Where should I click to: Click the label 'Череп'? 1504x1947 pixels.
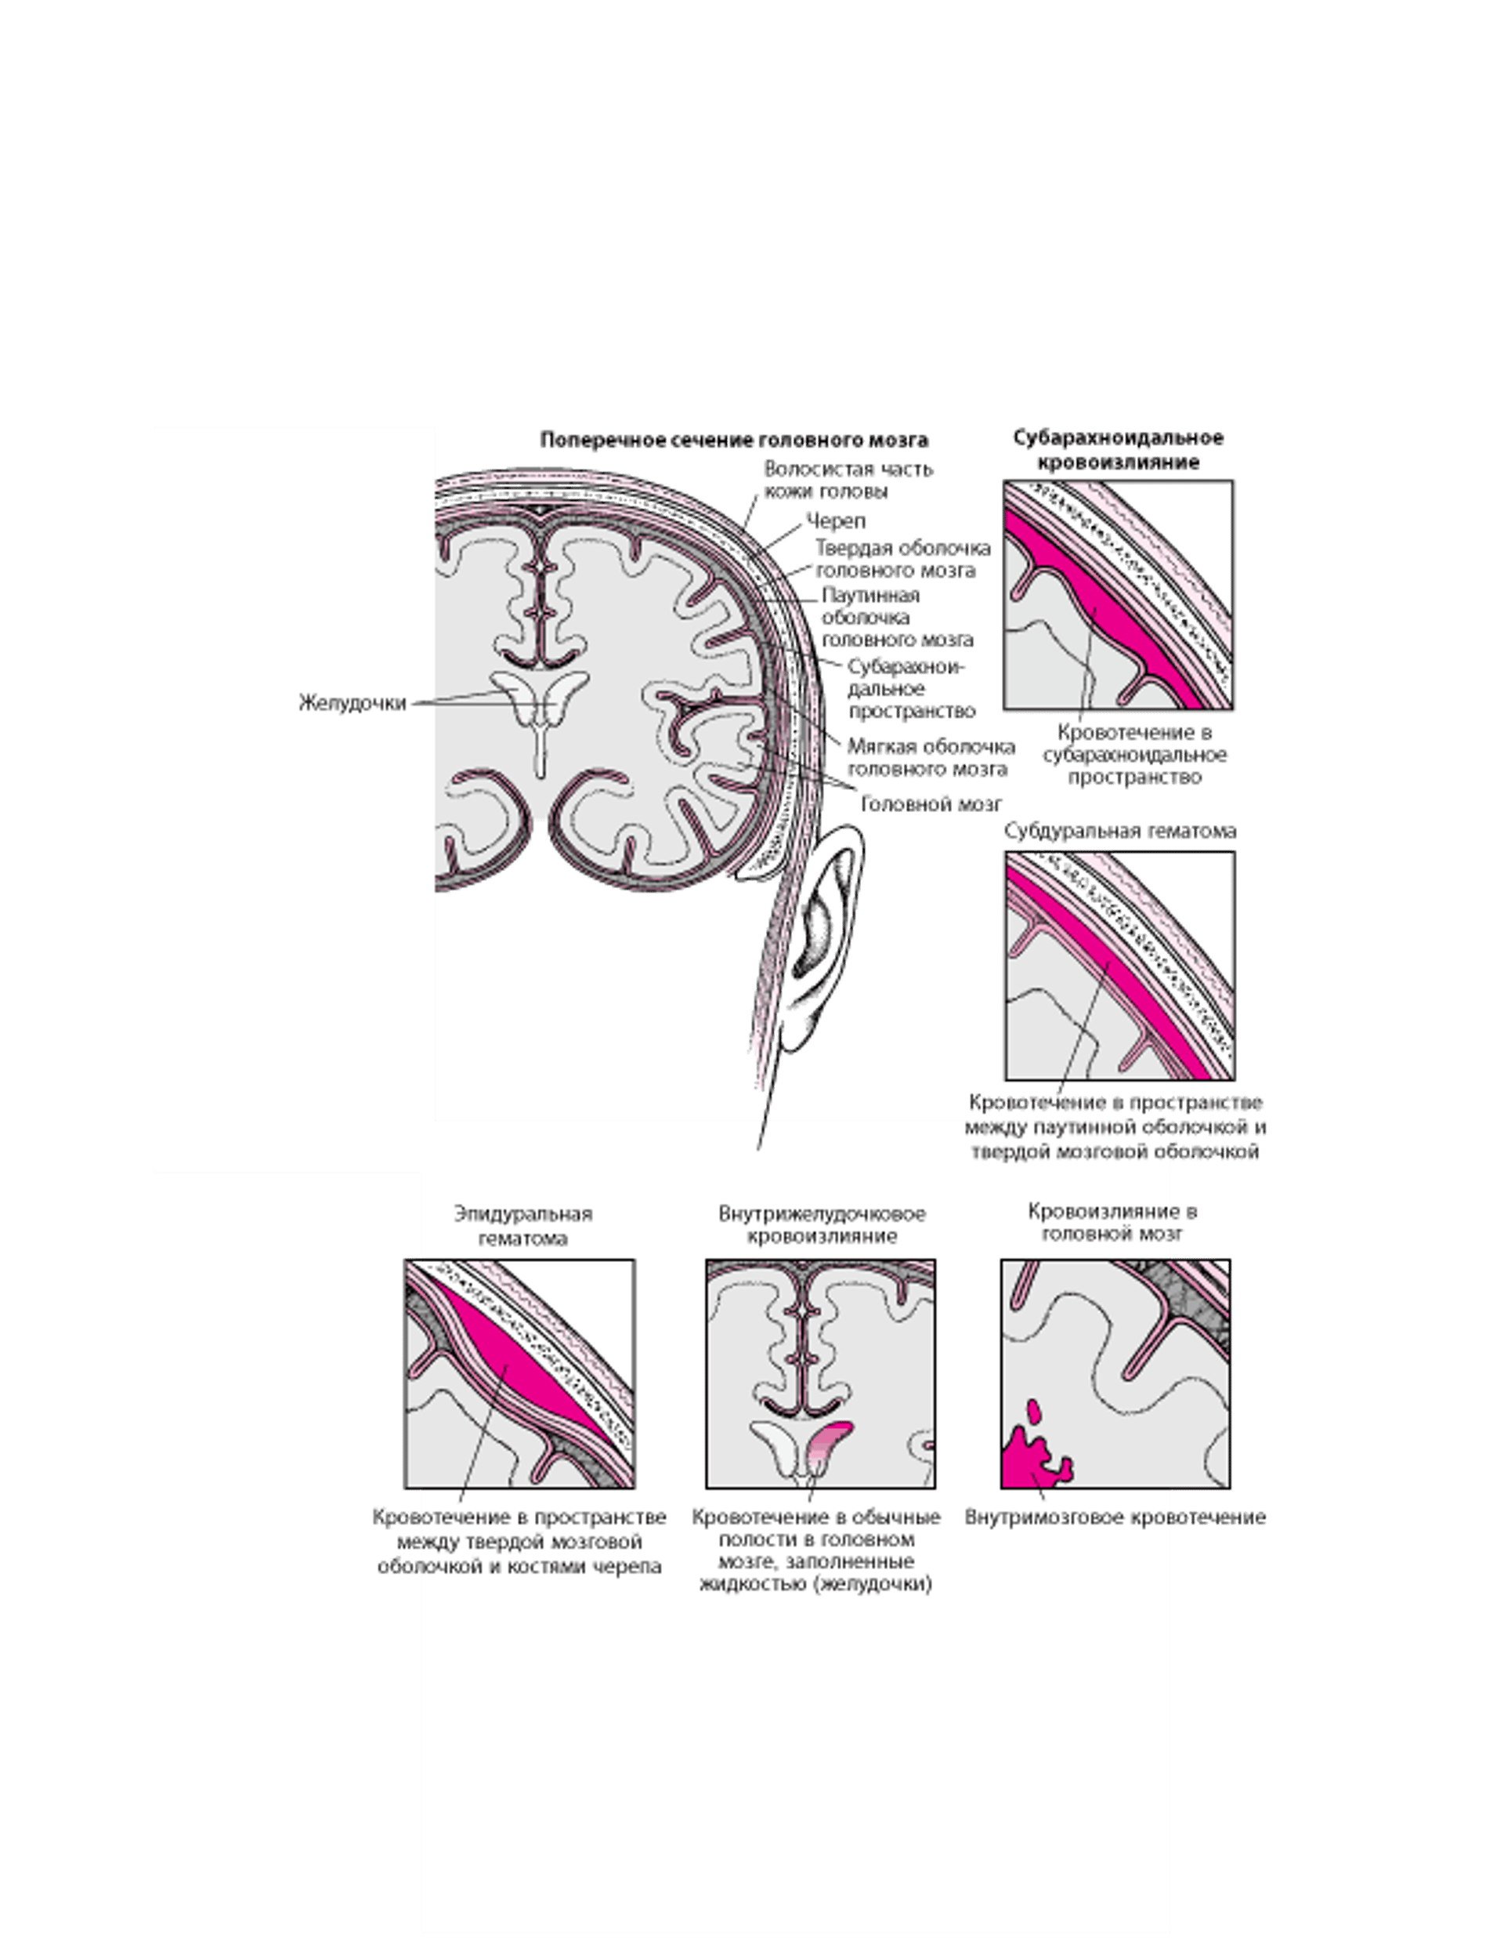[x=836, y=520]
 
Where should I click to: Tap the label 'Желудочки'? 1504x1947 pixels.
[x=352, y=702]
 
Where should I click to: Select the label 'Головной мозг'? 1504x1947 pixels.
[x=931, y=804]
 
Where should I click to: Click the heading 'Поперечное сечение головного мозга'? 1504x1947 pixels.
[x=734, y=440]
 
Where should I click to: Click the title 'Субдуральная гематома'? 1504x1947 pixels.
[x=1120, y=831]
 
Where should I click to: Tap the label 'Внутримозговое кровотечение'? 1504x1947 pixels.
[x=1115, y=1517]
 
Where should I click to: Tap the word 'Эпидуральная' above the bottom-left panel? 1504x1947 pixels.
[x=523, y=1214]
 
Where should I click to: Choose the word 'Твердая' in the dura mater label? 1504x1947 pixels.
[x=855, y=546]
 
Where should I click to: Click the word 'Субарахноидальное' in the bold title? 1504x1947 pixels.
[x=1118, y=437]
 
